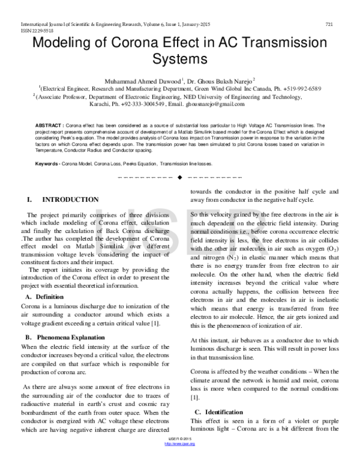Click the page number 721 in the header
329,24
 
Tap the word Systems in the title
179,60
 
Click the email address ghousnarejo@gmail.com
203,104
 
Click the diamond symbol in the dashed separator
179,178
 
